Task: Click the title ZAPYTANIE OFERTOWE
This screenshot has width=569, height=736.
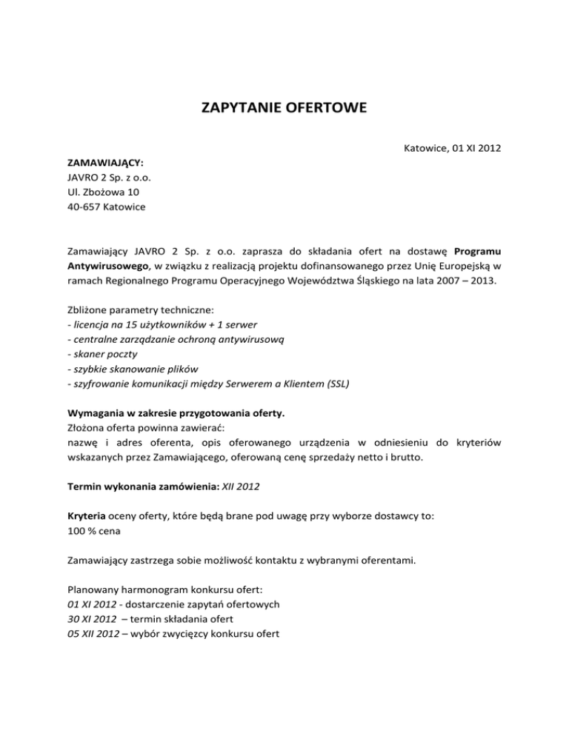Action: tap(284, 110)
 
